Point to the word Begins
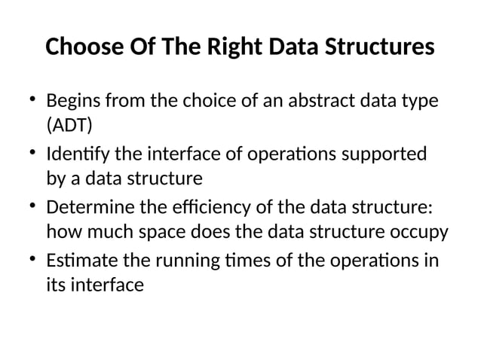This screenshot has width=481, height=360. tap(73, 101)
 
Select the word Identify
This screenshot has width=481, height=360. tap(75, 155)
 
